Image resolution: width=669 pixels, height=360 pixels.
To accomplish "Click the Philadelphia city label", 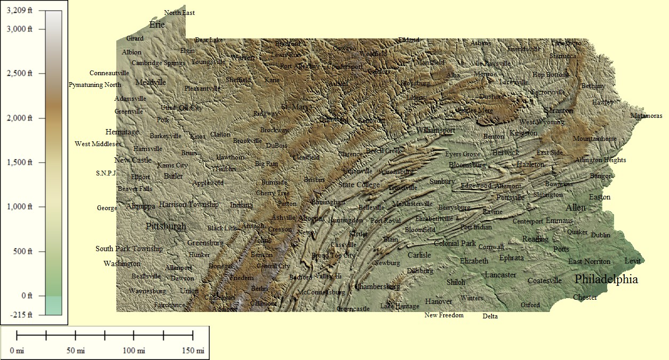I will point(606,279).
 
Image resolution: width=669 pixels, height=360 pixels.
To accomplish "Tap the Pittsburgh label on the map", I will point(166,226).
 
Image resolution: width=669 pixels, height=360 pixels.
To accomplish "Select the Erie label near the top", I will point(157,25).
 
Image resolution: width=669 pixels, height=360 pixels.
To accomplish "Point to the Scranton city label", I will point(558,110).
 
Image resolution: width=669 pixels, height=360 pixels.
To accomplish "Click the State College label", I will point(359,185).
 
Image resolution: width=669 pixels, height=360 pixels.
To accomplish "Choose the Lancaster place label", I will point(500,275).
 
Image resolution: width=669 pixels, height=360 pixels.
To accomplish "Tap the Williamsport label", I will point(436,130).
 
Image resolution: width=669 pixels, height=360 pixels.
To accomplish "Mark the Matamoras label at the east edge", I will point(646,116).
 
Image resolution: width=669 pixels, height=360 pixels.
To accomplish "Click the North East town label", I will point(179,12).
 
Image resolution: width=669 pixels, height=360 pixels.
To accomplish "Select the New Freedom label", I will point(444,315).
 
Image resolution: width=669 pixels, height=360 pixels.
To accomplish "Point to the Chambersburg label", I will point(377,286).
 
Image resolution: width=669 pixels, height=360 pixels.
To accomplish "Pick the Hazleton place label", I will point(530,164).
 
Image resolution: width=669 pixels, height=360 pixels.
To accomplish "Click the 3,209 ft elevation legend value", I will point(20,11).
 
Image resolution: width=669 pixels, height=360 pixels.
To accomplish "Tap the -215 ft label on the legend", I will point(21,315).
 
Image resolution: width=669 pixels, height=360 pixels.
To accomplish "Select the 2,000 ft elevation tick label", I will point(22,118).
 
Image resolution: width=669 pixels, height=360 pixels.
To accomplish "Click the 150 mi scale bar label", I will point(193,350).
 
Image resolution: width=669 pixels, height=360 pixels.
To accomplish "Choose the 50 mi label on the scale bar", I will point(75,350).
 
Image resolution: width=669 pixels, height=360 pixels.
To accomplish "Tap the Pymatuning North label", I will point(95,85).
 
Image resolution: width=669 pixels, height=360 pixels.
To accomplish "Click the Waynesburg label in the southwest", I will point(147,291).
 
